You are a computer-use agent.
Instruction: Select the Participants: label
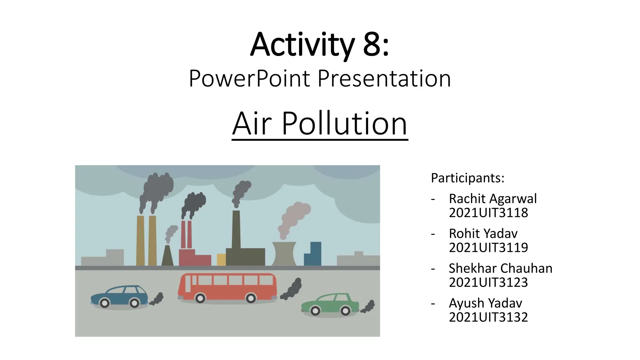(x=467, y=178)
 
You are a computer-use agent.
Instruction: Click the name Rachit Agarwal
(x=492, y=198)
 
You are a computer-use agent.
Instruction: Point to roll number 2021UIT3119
(x=488, y=247)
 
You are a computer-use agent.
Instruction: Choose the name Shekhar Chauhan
(x=500, y=268)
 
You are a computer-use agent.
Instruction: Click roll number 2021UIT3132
(x=488, y=317)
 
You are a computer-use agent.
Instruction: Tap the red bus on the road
(x=227, y=286)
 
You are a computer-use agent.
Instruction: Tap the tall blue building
(x=313, y=254)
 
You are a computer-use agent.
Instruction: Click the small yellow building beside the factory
(x=221, y=259)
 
